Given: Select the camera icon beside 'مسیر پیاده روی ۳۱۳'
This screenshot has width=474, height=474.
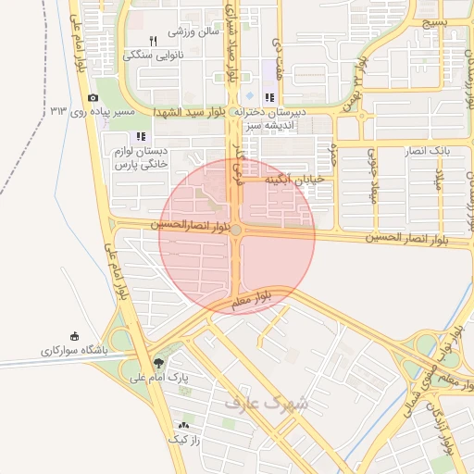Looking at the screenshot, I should tap(93, 98).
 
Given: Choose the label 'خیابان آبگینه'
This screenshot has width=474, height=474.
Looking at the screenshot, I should tap(295, 179).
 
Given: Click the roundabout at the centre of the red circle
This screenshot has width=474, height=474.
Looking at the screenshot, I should tap(237, 230).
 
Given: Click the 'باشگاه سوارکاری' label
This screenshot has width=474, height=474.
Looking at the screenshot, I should tap(75, 351).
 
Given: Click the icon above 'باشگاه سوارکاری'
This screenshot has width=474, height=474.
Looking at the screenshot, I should tap(75, 337).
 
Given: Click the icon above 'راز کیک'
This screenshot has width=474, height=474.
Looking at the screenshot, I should tap(182, 426).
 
